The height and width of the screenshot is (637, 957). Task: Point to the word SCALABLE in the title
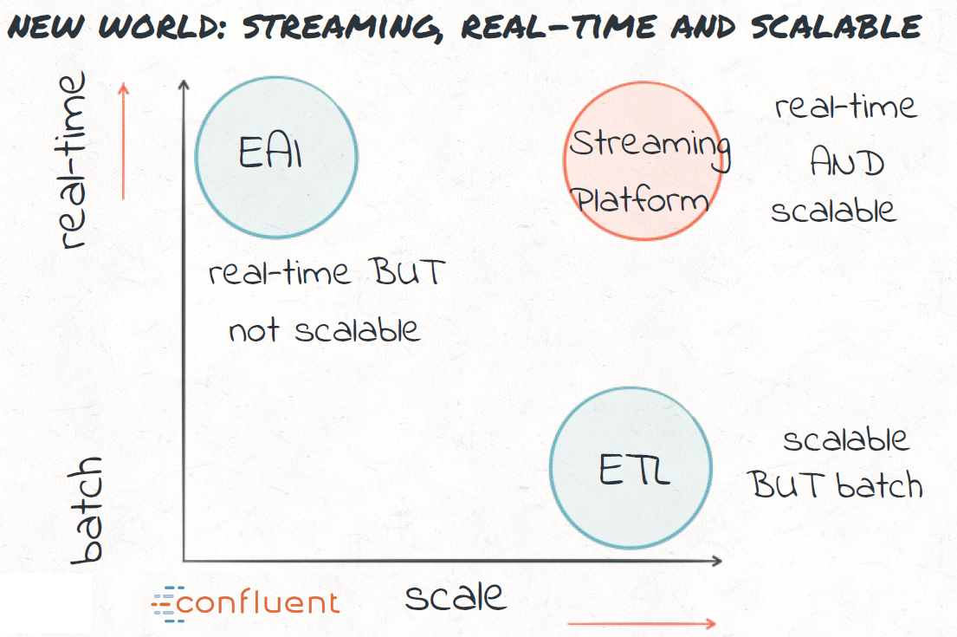(x=836, y=27)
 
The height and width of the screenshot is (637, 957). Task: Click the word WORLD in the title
(x=162, y=27)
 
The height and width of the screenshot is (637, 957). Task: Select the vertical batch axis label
(x=86, y=510)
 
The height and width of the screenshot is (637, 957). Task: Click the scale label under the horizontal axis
(x=456, y=596)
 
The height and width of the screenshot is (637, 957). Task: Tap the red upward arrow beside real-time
(x=123, y=141)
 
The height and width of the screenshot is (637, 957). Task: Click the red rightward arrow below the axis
(x=642, y=623)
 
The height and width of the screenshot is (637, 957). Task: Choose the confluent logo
(x=245, y=603)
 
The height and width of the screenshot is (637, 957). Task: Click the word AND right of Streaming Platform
(x=847, y=162)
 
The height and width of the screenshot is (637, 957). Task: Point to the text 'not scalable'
(x=324, y=330)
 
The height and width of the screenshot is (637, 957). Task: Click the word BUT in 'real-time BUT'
(x=410, y=271)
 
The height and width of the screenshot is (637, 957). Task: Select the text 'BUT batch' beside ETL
(x=836, y=485)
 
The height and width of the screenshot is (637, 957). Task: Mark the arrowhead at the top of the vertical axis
(x=184, y=85)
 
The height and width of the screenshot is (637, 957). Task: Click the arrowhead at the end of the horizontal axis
(x=716, y=560)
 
